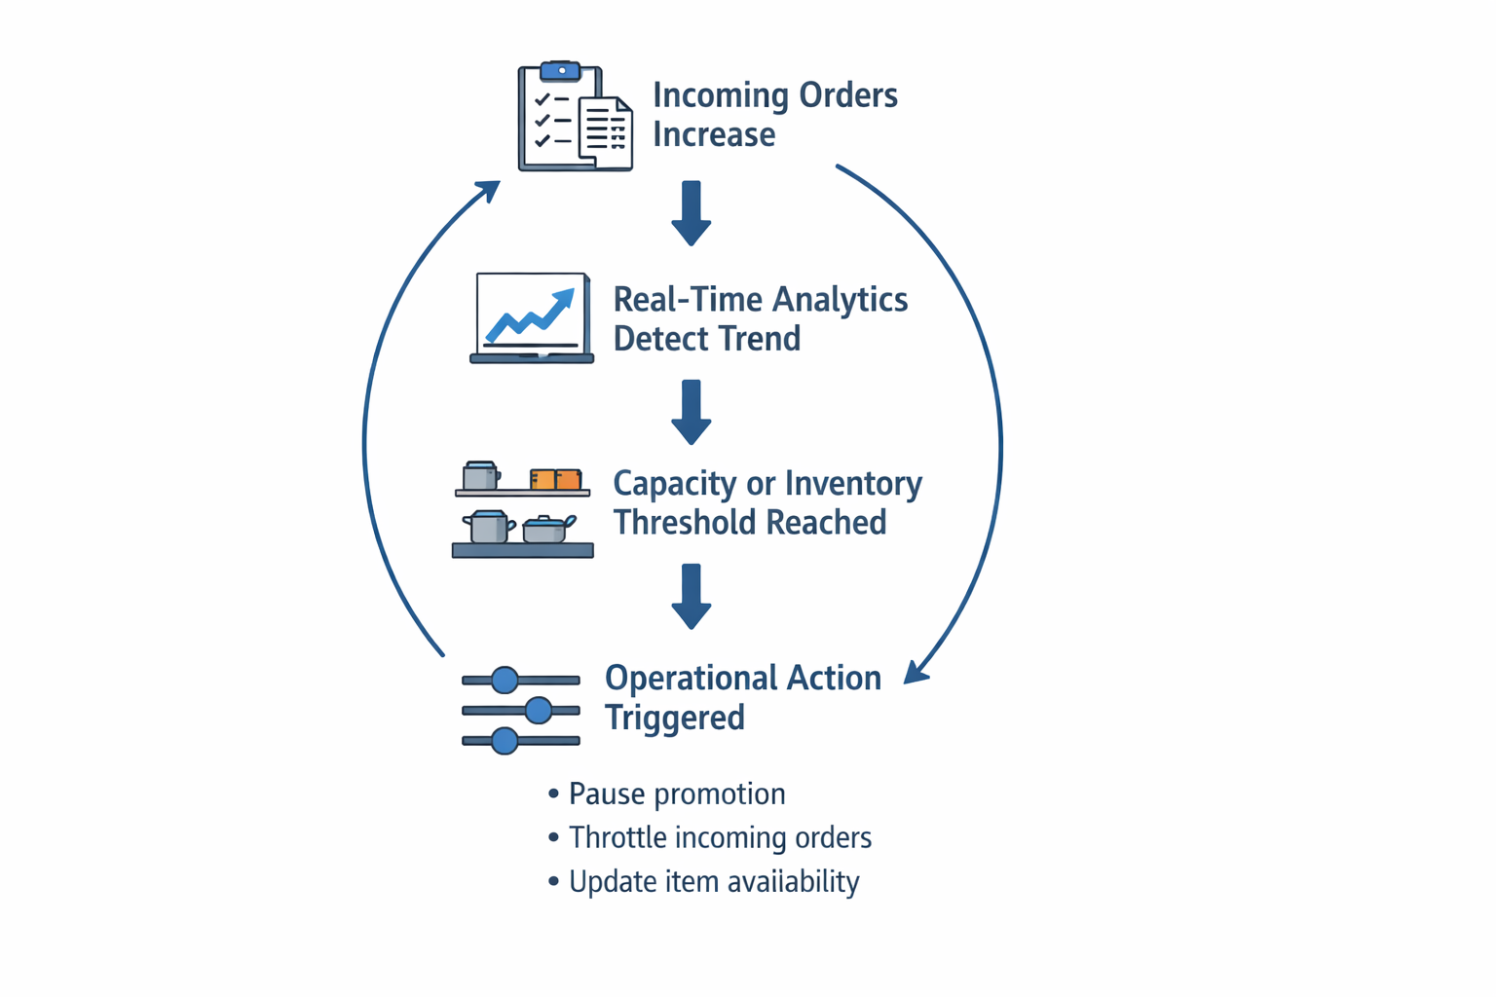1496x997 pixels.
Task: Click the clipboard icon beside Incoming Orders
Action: click(575, 118)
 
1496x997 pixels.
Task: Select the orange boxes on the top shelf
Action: click(555, 479)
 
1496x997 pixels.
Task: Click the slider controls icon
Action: click(521, 711)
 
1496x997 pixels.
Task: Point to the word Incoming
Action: click(721, 95)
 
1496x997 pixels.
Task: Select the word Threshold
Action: click(682, 523)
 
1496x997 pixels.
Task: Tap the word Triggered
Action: click(675, 718)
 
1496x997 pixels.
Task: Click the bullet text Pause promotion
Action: click(677, 794)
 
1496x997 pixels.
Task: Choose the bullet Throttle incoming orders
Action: click(720, 838)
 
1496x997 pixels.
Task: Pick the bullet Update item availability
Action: click(714, 882)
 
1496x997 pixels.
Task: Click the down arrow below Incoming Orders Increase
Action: click(692, 212)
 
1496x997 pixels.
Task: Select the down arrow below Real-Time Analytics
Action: click(692, 412)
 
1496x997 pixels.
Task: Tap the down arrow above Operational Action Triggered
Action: click(692, 596)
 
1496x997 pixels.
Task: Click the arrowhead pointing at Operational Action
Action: click(916, 672)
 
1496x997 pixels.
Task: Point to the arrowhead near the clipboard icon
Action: click(489, 189)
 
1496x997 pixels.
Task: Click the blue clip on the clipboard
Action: click(560, 71)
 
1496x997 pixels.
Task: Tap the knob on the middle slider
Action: click(539, 711)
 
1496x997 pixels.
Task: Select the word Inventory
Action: click(854, 484)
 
